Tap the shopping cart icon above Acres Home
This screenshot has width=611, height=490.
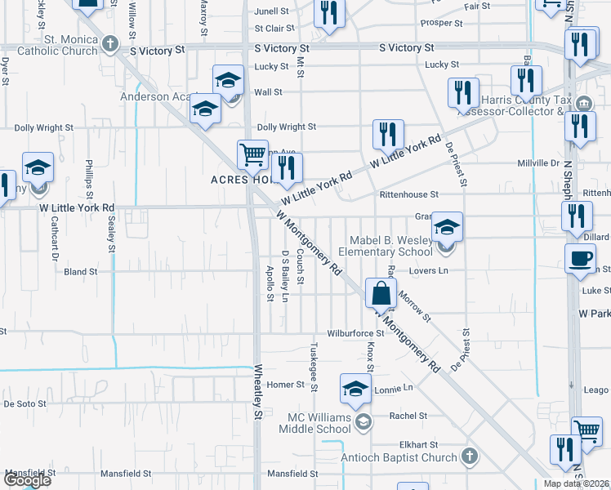tap(252, 154)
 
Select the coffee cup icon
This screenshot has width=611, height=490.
tap(580, 258)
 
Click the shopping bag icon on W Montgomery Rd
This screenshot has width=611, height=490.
tap(381, 292)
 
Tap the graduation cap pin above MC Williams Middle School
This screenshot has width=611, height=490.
tap(355, 391)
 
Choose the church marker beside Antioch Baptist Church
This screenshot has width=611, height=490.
tap(469, 456)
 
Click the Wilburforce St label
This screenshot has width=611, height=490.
tap(355, 333)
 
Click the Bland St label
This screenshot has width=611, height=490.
tap(80, 271)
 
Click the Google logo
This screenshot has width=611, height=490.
tap(27, 480)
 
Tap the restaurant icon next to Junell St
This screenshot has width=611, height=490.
tap(329, 13)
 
